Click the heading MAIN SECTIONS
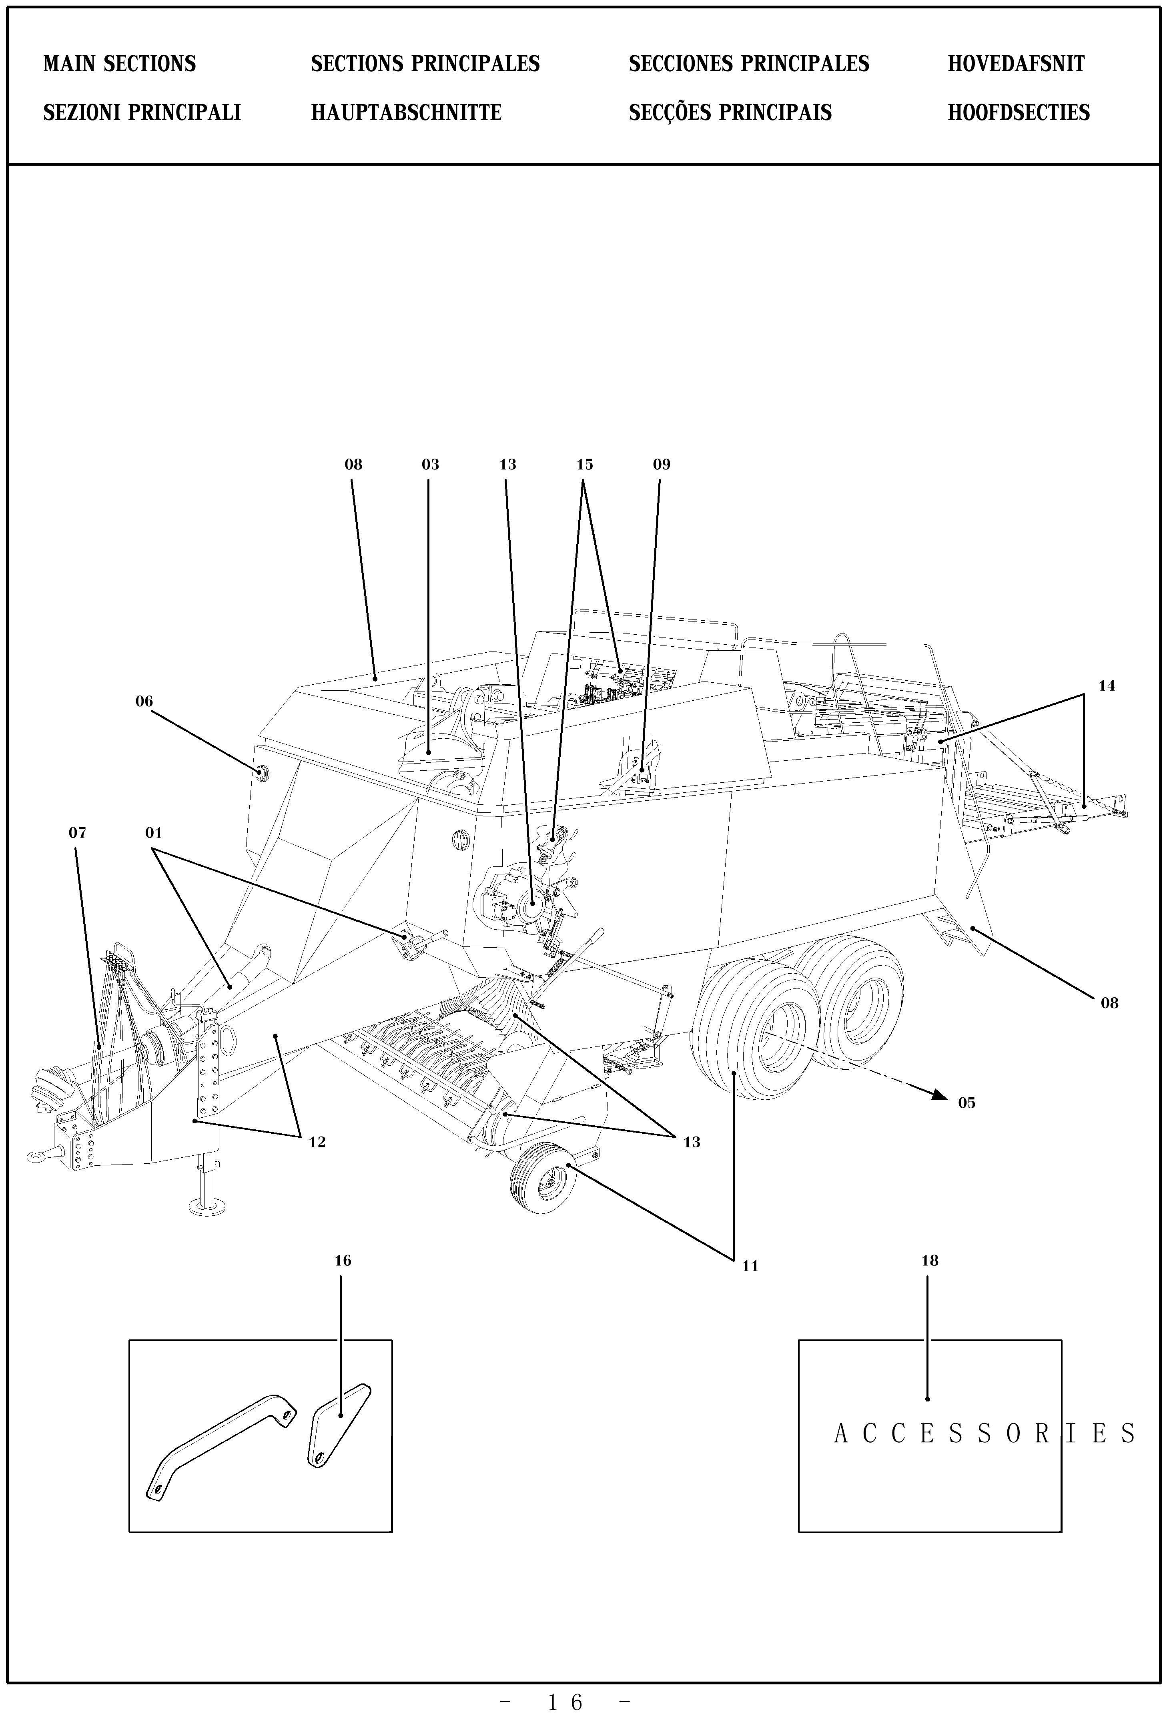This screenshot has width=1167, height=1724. (x=119, y=64)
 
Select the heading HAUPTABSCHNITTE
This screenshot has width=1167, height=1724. (x=406, y=113)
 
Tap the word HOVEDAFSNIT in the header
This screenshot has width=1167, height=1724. (x=1016, y=64)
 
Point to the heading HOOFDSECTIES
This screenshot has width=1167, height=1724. (x=1019, y=113)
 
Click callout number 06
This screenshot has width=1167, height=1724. (x=144, y=701)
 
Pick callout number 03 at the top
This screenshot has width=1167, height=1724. (x=430, y=465)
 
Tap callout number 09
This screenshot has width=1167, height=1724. (x=661, y=465)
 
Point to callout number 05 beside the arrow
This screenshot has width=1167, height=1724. (x=966, y=1103)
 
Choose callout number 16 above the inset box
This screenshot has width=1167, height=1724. (x=342, y=1260)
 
